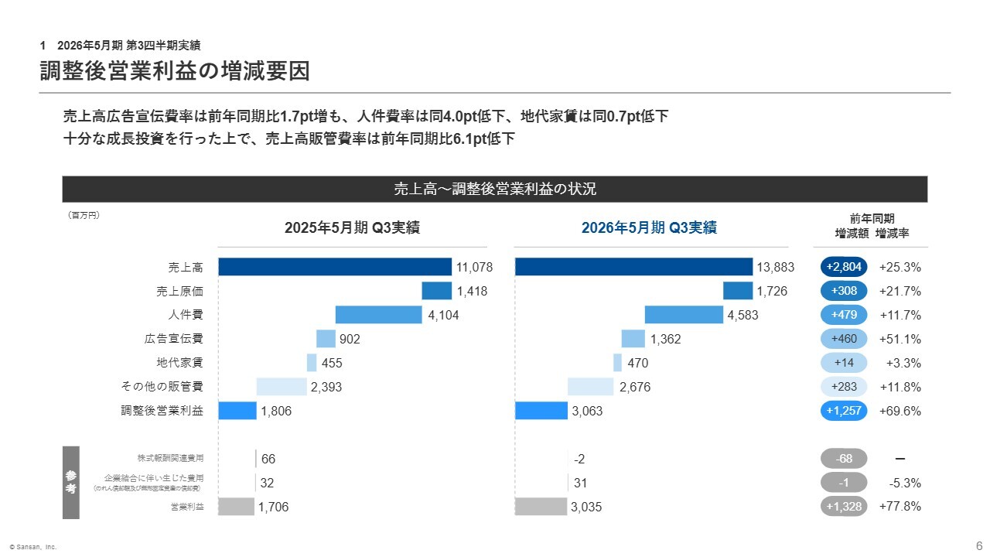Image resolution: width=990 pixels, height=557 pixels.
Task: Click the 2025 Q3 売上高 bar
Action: point(335,267)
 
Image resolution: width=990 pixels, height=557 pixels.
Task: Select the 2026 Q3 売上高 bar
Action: point(633,267)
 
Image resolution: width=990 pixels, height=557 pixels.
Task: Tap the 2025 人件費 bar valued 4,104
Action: point(379,315)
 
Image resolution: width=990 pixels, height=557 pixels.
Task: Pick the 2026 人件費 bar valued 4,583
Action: point(684,315)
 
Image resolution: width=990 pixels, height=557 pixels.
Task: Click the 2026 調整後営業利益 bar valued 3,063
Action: point(541,411)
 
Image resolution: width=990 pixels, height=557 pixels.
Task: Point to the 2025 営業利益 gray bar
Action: point(236,507)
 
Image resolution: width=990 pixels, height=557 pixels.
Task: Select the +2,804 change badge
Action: point(844,267)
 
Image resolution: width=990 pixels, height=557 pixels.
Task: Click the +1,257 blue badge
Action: point(844,411)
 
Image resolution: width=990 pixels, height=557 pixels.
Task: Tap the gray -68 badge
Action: point(844,459)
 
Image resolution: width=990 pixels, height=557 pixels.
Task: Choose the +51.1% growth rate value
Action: point(900,339)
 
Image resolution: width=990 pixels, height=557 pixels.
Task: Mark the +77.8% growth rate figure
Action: point(900,507)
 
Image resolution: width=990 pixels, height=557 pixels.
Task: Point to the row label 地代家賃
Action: point(179,363)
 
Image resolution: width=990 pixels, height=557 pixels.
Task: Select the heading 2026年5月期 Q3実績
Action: point(649,227)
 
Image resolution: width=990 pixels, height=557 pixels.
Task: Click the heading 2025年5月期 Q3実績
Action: point(352,227)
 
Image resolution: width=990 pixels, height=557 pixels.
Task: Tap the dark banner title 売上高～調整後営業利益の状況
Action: point(494,189)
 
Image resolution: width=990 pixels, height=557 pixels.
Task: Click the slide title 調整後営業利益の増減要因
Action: point(175,71)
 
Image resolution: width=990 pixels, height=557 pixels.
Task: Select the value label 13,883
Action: point(776,268)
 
